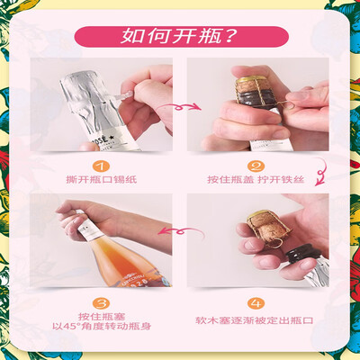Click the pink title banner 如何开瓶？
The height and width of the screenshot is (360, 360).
[x=181, y=37]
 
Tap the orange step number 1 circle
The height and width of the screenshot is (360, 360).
[x=101, y=166]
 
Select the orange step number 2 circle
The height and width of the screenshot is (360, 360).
[x=256, y=166]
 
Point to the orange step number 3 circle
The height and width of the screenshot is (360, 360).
[x=101, y=303]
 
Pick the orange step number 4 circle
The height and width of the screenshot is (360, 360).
[x=256, y=303]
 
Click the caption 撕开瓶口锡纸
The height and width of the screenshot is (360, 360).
[x=102, y=180]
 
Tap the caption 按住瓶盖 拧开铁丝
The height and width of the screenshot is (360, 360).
[x=256, y=180]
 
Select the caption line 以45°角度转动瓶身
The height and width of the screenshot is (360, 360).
[x=102, y=326]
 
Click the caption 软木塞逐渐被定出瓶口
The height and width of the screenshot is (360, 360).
[x=255, y=320]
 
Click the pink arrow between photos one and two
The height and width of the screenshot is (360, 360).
[x=179, y=107]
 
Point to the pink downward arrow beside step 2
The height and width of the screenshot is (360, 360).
[x=321, y=174]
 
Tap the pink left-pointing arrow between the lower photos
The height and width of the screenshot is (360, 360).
[x=180, y=231]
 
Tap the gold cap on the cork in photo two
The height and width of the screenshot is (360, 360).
[x=250, y=80]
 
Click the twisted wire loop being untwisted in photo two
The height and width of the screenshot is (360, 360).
[x=283, y=104]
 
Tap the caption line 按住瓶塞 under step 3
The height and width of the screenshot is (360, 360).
[x=102, y=316]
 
